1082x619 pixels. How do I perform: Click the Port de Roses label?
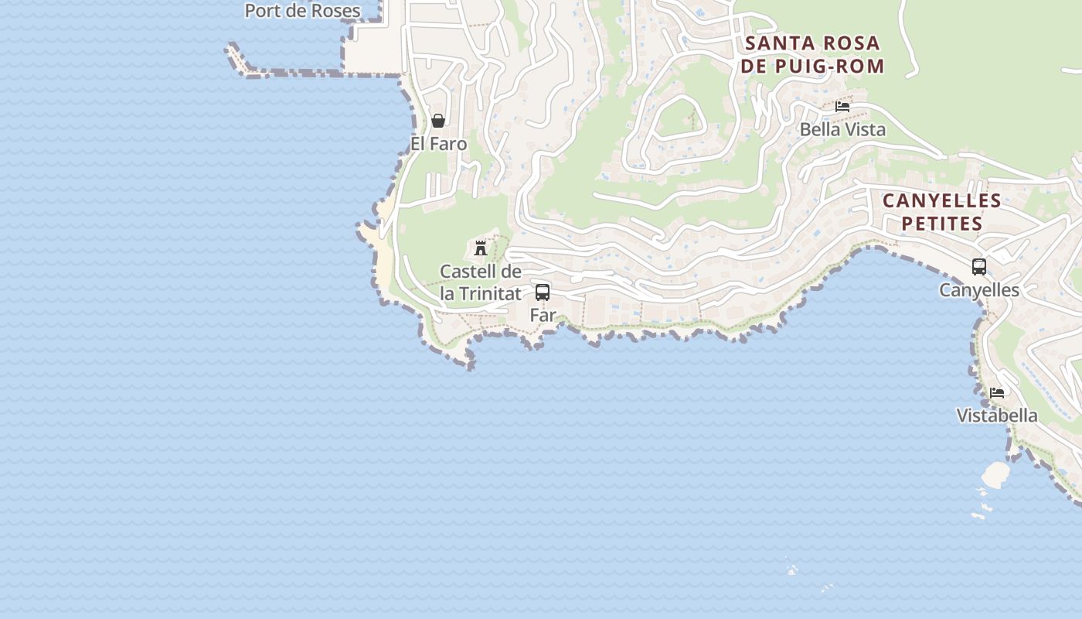point(302,11)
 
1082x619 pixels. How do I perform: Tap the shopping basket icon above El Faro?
point(438,121)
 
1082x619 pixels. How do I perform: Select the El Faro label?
point(439,144)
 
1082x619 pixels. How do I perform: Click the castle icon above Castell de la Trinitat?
point(481,248)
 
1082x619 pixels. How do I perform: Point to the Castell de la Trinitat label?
point(481,282)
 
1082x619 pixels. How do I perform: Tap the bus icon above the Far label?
point(543,292)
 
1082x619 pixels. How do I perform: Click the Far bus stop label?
point(543,315)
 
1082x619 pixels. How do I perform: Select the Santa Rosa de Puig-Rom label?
point(812,54)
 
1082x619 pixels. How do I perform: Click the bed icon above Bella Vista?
point(842,106)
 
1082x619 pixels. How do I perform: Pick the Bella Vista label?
point(842,129)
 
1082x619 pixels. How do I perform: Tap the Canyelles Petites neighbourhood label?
point(942,212)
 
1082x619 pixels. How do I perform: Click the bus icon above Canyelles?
point(979,267)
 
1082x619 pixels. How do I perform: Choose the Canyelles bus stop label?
point(979,290)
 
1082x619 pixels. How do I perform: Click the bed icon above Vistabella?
point(997,392)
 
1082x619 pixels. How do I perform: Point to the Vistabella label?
point(997,416)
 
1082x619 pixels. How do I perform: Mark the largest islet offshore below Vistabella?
point(995,474)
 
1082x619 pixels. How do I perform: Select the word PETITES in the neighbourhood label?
point(942,224)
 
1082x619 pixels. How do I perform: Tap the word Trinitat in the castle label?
point(490,294)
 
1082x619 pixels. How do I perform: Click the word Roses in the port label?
point(332,11)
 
